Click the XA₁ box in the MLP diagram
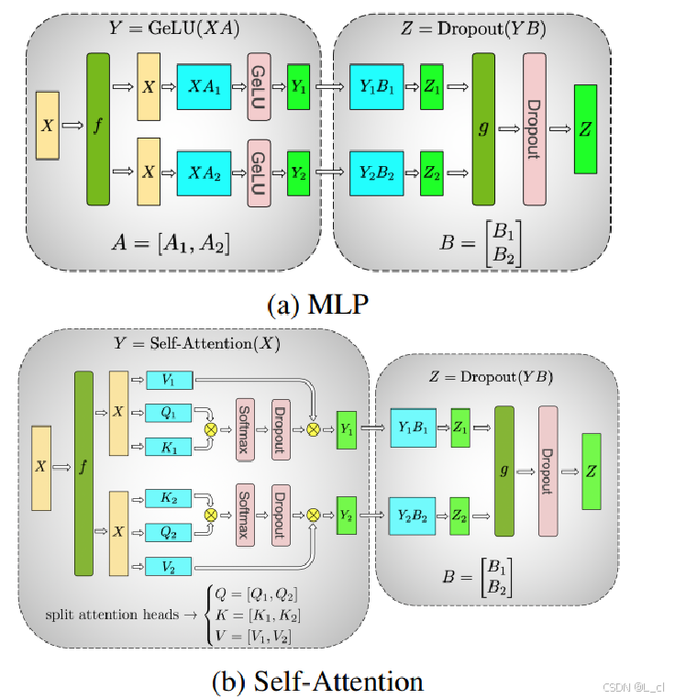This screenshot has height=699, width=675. (204, 87)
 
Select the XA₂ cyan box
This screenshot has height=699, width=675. (204, 172)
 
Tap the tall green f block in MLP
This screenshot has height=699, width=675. (98, 129)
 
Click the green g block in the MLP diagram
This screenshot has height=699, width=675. (483, 129)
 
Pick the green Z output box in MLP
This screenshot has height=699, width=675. (585, 129)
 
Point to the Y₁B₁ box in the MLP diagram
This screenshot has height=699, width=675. (376, 87)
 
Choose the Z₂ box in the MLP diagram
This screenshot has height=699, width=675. (432, 172)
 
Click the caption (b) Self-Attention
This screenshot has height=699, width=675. (316, 682)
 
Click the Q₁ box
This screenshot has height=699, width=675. (171, 413)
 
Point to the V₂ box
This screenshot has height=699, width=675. (171, 566)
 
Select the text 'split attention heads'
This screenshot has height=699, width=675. (112, 614)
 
